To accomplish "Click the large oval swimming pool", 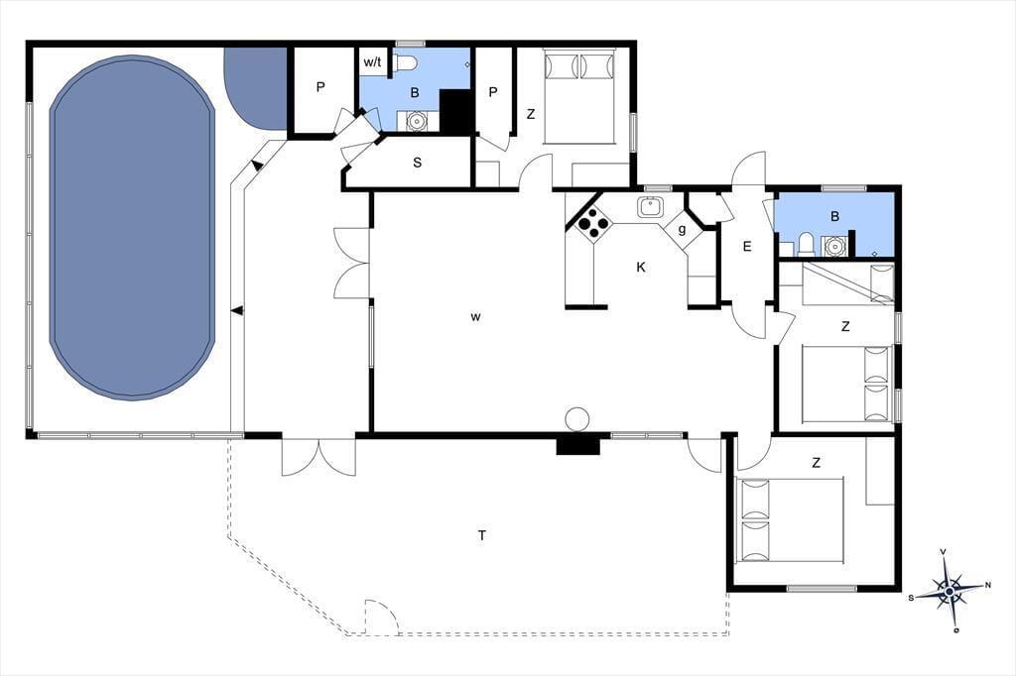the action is pos(132,227).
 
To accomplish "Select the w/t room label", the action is pos(373,62).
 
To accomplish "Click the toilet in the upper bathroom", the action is pos(405,62).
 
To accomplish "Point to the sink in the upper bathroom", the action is pos(415,121).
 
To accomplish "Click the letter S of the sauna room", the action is pos(418,163).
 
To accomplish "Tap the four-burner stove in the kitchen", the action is pos(594,224).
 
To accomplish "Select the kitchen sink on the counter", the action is pos(650,207).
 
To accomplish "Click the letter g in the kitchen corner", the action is pos(682,229).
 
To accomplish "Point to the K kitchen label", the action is pos(641,267).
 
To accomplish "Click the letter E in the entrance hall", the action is pos(747,246).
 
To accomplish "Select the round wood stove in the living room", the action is pos(576,419).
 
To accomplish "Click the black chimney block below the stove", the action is pos(578,445).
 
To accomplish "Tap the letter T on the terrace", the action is pos(482,535).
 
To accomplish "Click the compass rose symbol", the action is pos(950,591).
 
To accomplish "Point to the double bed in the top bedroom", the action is pos(579,98).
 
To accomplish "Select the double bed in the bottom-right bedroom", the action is pos(790,520).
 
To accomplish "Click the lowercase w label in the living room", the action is pos(475,317).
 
